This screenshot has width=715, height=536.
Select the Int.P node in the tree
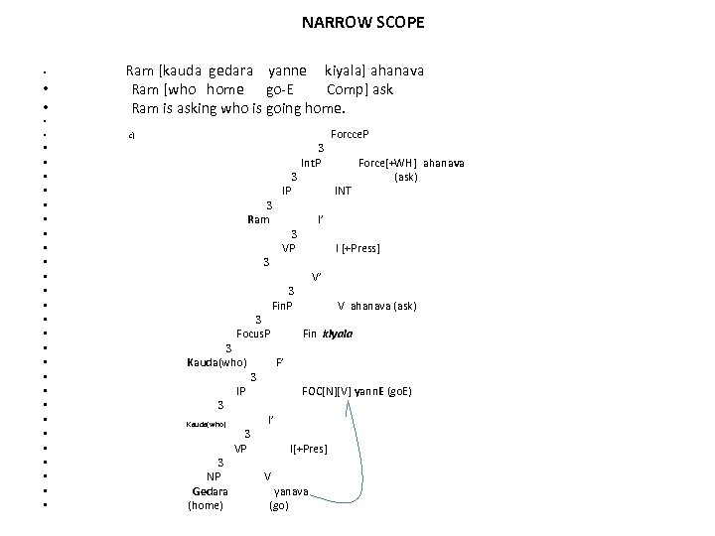pyautogui.click(x=311, y=162)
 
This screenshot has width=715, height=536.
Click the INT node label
pyautogui.click(x=343, y=191)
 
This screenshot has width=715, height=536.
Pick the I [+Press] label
pyautogui.click(x=357, y=248)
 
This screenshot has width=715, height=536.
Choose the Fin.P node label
pyautogui.click(x=282, y=306)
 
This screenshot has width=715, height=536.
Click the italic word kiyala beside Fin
pyautogui.click(x=338, y=335)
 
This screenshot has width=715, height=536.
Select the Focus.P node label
pyautogui.click(x=253, y=335)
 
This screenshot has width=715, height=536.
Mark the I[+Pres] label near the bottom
pyautogui.click(x=308, y=450)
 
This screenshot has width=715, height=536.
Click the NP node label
pyautogui.click(x=213, y=477)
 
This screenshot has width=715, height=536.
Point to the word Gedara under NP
pyautogui.click(x=210, y=491)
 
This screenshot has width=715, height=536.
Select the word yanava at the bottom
pyautogui.click(x=291, y=491)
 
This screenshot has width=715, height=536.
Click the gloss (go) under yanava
pyautogui.click(x=279, y=506)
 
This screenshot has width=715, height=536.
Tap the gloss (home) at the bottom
pyautogui.click(x=206, y=506)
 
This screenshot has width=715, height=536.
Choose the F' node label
pyautogui.click(x=281, y=362)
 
